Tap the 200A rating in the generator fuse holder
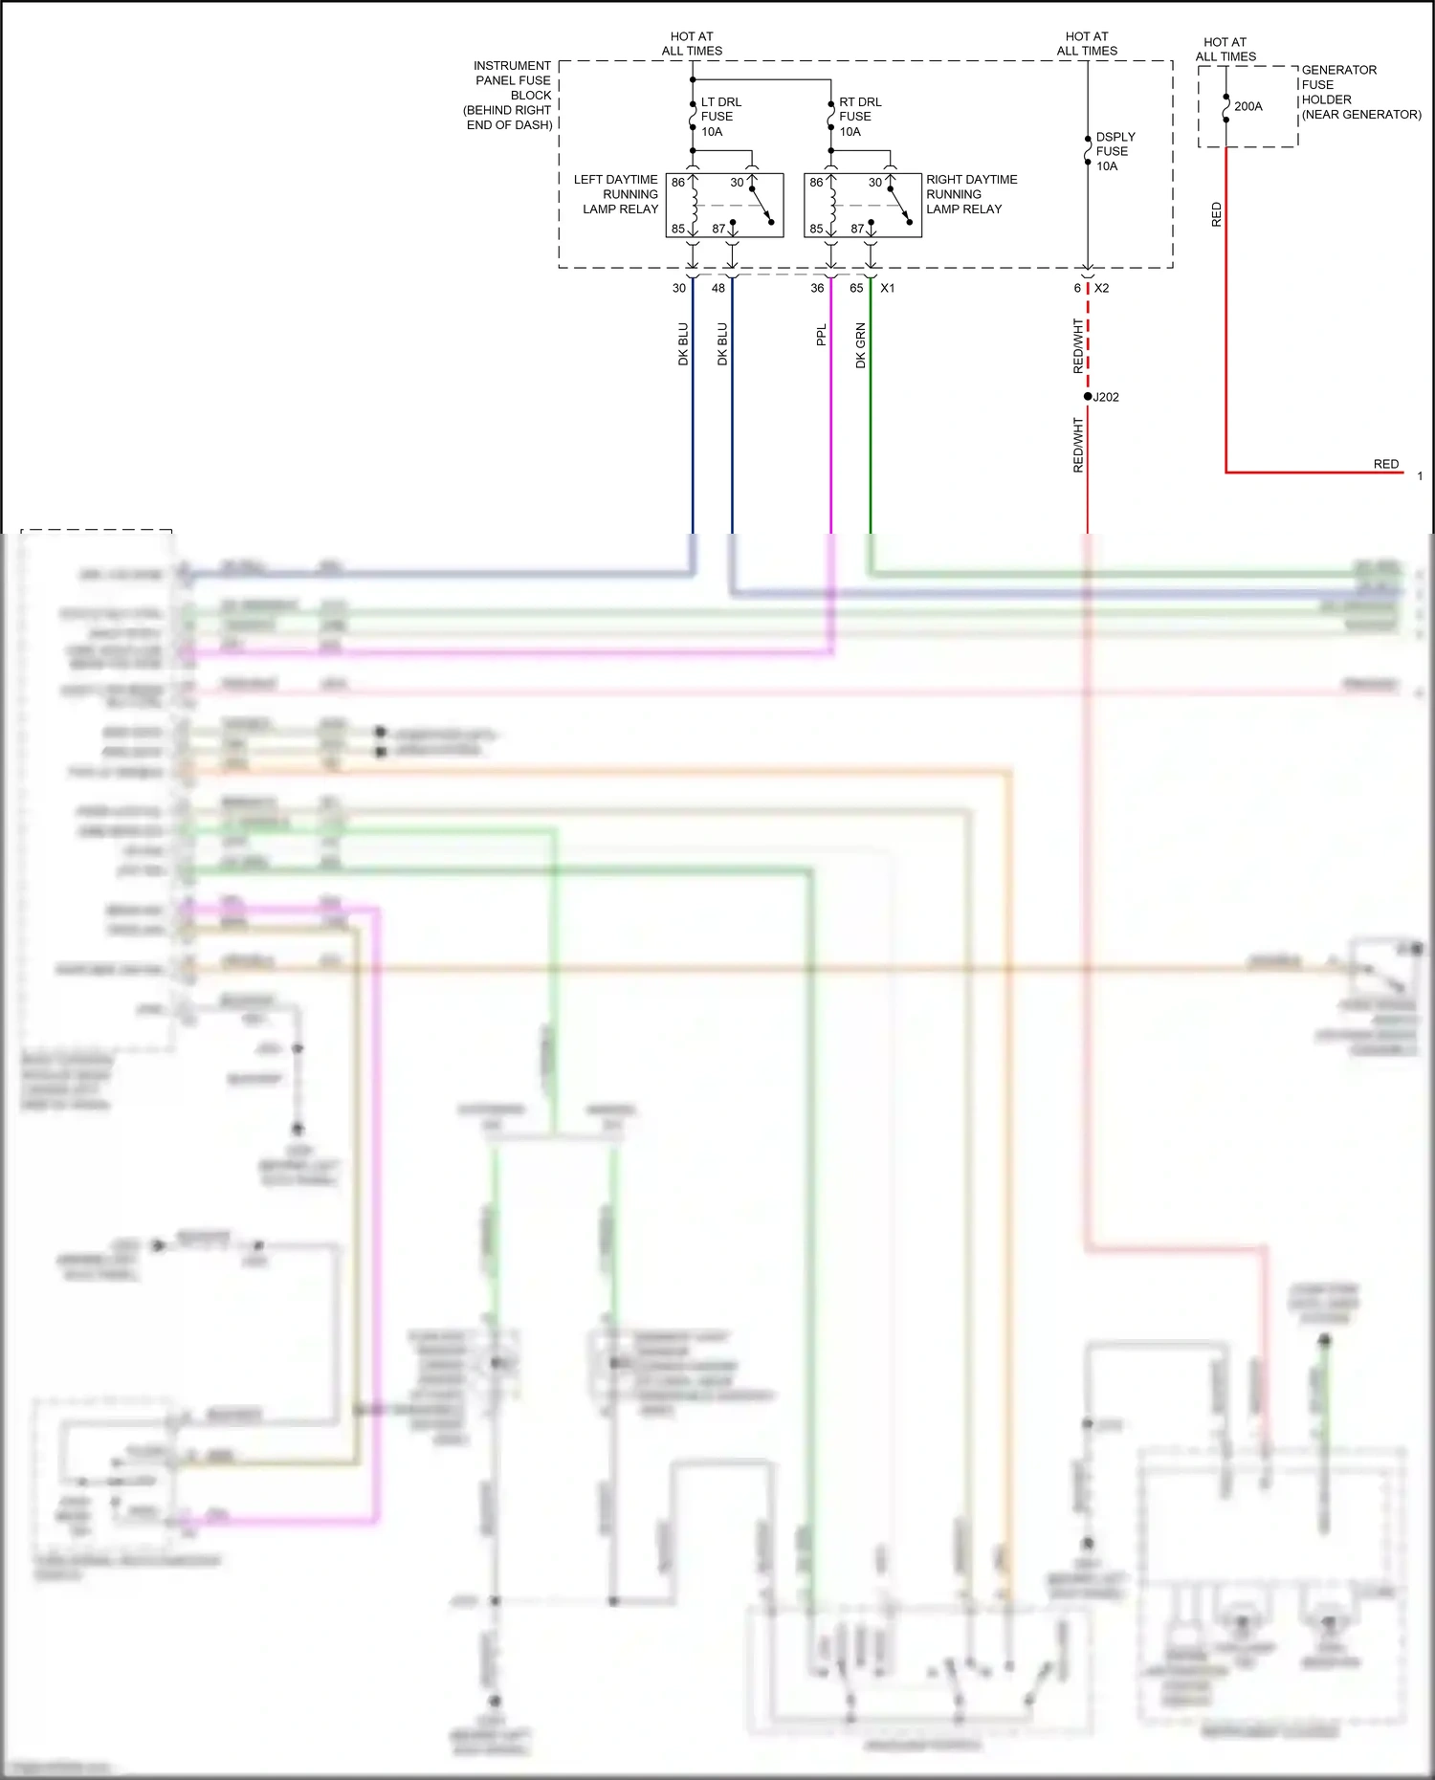coord(1247,106)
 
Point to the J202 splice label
coord(1106,397)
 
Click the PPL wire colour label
coord(821,335)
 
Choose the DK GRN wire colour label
coord(860,345)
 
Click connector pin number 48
coord(718,288)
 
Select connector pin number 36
coord(817,288)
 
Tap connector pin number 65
coord(856,288)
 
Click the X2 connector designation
coord(1102,288)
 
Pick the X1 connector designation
coord(888,288)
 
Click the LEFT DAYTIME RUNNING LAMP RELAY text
coord(617,194)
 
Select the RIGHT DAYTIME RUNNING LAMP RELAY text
coord(970,194)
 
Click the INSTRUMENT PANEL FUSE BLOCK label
coord(510,95)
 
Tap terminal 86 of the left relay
coord(677,182)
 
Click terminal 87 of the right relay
coord(857,229)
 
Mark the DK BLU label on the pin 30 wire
coord(683,344)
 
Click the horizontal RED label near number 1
coord(1385,464)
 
